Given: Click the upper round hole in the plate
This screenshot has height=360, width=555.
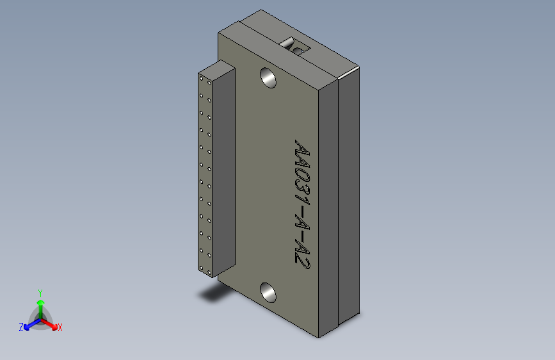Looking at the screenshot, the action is pos(268,78).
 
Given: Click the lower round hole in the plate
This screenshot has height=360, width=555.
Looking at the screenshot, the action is pos(268,293).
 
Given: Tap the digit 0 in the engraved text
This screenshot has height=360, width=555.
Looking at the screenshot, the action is pos(302,176).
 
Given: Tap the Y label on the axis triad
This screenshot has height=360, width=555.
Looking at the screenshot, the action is pos(40,293).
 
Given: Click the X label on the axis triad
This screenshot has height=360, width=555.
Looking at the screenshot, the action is pos(60,327).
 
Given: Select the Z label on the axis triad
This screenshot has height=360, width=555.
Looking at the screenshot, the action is pos(21,327).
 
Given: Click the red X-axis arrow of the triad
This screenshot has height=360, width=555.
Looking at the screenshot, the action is pos(49,324).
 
